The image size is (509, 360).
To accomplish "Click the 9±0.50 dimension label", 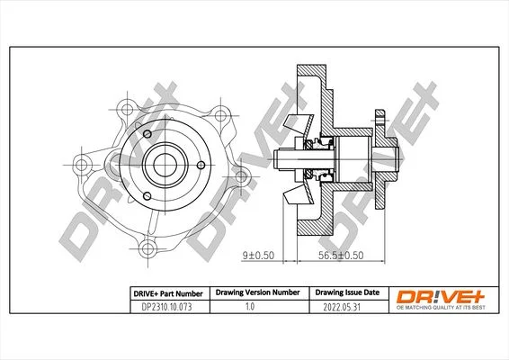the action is (x=258, y=256).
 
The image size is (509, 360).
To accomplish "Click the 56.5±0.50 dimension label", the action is (x=341, y=256).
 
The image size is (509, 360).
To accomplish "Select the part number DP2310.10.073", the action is (x=167, y=307).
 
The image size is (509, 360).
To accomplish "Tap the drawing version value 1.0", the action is (x=250, y=306).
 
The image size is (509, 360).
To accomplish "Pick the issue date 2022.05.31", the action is (x=342, y=307).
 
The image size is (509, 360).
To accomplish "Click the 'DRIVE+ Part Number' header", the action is (x=168, y=293).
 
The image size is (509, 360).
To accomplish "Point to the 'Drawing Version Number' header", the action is (x=258, y=292).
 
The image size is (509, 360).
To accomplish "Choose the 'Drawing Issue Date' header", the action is (x=347, y=292).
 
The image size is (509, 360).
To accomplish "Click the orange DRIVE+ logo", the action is (x=441, y=296).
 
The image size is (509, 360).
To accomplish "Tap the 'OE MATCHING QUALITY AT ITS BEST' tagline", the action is (x=441, y=308).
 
